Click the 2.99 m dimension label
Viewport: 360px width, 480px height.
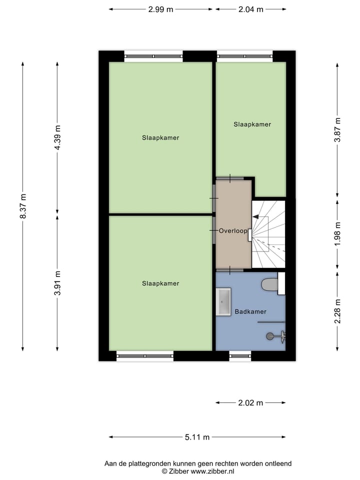point(160,9)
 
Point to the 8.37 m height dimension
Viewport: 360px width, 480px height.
point(22,205)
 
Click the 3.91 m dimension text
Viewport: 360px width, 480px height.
point(57,283)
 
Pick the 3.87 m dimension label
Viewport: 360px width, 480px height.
point(338,129)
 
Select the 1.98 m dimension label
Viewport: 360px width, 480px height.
point(338,233)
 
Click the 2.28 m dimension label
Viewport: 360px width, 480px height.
point(338,311)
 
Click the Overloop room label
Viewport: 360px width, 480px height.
point(233,231)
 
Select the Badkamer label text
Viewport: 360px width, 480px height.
point(250,311)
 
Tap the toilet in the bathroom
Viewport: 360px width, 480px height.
point(270,284)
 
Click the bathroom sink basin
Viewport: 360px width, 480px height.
point(223,301)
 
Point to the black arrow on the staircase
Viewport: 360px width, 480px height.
point(255,217)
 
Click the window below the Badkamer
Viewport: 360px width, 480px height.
point(240,356)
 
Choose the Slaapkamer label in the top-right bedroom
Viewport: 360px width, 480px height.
point(252,124)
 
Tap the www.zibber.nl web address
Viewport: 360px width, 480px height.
point(206,471)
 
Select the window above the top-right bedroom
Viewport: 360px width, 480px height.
point(244,56)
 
